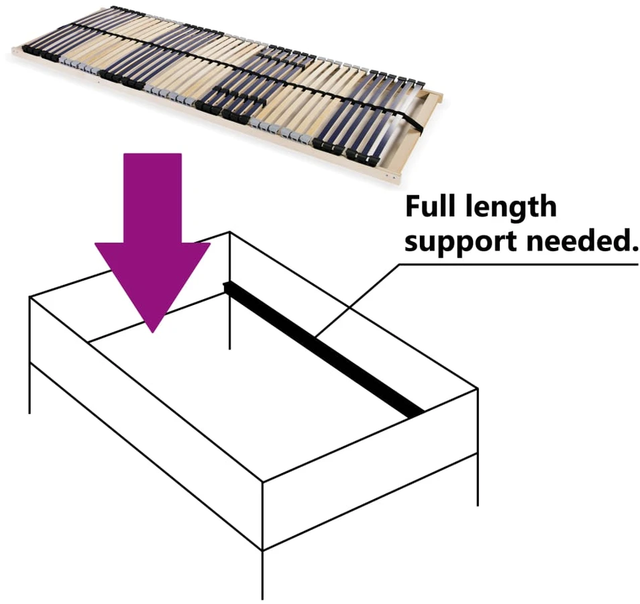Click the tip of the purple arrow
point(153,333)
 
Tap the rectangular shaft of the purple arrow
point(153,198)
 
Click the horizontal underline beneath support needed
point(519,265)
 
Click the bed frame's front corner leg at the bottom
point(262,574)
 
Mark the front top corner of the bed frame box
point(262,482)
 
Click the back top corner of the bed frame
point(230,232)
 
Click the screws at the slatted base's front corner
point(390,177)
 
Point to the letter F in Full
point(413,206)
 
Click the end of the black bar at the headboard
point(225,287)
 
